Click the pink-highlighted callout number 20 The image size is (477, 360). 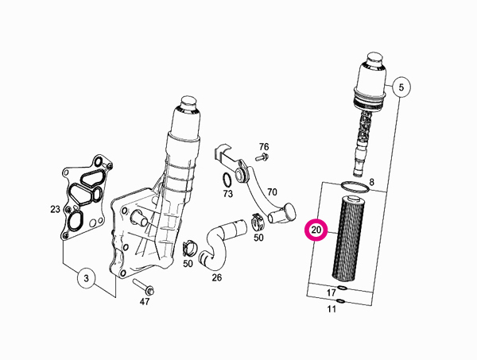pyautogui.click(x=316, y=230)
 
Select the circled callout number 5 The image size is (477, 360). pyautogui.click(x=401, y=87)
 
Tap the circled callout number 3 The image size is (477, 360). pyautogui.click(x=87, y=278)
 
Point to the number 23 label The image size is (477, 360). pyautogui.click(x=55, y=209)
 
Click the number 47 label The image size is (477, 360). pyautogui.click(x=145, y=301)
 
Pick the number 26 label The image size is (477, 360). pyautogui.click(x=216, y=277)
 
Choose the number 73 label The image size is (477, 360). pyautogui.click(x=227, y=193)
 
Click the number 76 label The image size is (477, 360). pyautogui.click(x=264, y=147)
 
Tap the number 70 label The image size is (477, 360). pyautogui.click(x=272, y=192)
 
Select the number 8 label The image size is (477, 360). pyautogui.click(x=371, y=182)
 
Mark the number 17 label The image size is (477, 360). pyautogui.click(x=331, y=292)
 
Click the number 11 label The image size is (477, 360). pyautogui.click(x=332, y=309)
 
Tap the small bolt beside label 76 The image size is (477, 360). pyautogui.click(x=262, y=157)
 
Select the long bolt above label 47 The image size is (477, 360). pyautogui.click(x=144, y=287)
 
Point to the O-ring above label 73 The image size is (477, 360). pyautogui.click(x=227, y=180)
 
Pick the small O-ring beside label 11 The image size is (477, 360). pyautogui.click(x=341, y=302)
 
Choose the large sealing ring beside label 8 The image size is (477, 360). pyautogui.click(x=355, y=187)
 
